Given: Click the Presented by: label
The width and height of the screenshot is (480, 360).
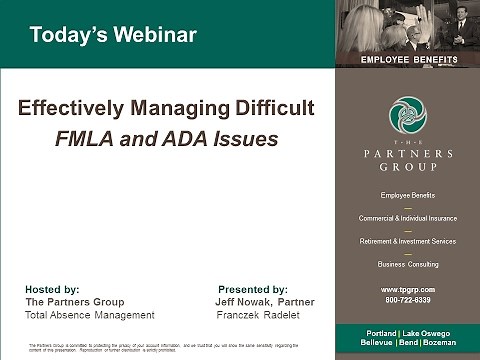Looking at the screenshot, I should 252,288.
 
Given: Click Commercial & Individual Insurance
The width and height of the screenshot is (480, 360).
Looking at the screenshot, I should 407,218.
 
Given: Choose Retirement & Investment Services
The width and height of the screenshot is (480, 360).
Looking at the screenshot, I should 407,241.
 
